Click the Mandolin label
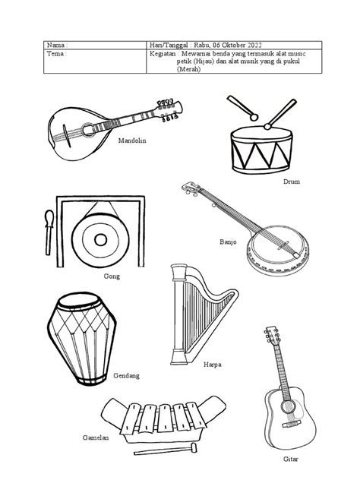click(x=131, y=141)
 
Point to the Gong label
click(x=112, y=277)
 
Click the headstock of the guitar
click(x=271, y=334)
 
